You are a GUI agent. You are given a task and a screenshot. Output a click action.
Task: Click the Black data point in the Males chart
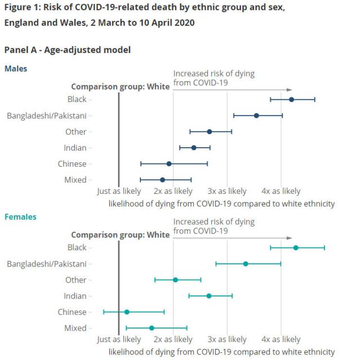[291, 99]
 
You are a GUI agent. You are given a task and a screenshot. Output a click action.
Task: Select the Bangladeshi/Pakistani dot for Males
[256, 116]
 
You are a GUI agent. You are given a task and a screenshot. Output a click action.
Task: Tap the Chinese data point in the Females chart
[127, 312]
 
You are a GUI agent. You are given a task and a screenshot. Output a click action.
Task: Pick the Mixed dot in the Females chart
[152, 328]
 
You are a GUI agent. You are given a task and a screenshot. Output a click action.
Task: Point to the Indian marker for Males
[194, 148]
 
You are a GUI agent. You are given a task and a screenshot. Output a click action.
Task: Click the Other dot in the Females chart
[175, 280]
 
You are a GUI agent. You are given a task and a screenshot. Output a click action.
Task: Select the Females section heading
[20, 216]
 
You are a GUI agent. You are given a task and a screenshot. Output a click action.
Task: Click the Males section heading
[16, 68]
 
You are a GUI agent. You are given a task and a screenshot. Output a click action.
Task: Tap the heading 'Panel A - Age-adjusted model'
[67, 50]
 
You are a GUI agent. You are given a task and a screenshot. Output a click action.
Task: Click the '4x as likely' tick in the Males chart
[281, 191]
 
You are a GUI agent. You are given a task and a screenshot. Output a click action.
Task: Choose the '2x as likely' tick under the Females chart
[173, 339]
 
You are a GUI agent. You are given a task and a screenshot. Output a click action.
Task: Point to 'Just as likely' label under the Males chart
[119, 191]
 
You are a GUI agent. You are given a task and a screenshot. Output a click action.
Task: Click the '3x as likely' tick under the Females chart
[227, 339]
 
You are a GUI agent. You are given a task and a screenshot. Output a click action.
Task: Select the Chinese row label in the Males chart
[72, 164]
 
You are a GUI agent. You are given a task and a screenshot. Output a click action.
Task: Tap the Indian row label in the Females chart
[75, 296]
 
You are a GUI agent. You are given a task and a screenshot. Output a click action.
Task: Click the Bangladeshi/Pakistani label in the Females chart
[47, 264]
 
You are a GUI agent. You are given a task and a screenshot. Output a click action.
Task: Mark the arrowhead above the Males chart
[290, 90]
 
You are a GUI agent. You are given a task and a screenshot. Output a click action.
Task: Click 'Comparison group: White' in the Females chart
[120, 235]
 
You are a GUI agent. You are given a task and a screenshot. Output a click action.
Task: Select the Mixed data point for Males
[162, 180]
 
